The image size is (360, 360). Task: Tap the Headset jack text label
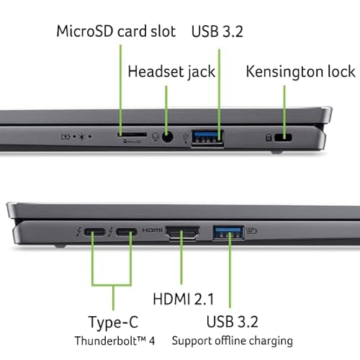(x=171, y=71)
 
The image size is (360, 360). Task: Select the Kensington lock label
(x=300, y=71)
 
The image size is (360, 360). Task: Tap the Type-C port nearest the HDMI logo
(x=127, y=233)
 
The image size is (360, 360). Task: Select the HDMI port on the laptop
(x=184, y=233)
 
